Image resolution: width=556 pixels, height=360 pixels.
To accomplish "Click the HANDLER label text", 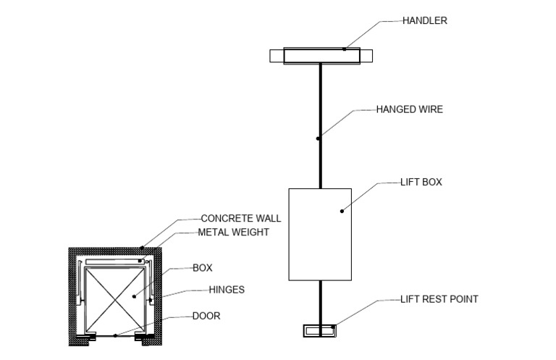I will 425,21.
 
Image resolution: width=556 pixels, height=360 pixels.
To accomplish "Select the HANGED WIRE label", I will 409,110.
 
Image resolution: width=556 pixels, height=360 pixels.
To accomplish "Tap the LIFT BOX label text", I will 421,183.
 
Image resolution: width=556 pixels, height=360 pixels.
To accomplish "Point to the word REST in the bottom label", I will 435,298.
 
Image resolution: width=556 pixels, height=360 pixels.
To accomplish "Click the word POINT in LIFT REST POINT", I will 464,298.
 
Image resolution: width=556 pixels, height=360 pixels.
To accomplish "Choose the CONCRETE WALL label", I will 240,218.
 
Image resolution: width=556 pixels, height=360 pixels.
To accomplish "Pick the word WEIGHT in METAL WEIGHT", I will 250,233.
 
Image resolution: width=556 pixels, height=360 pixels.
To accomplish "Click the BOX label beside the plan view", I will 202,268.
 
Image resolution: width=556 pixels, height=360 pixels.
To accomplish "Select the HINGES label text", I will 227,290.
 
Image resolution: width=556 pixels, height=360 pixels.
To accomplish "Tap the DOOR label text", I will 206,316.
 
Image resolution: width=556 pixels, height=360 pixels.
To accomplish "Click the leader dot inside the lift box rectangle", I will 341,211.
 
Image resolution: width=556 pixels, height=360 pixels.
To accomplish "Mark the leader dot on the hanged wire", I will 318,138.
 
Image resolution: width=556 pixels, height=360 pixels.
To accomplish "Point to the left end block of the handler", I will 277,55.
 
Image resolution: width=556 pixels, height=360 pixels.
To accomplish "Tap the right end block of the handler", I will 366,55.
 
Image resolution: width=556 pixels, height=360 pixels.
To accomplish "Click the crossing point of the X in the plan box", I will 115,298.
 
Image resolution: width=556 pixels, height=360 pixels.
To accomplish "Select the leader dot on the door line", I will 115,335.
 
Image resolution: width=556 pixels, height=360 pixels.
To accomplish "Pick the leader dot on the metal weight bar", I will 141,259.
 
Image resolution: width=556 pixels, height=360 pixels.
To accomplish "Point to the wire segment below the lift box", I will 319,301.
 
